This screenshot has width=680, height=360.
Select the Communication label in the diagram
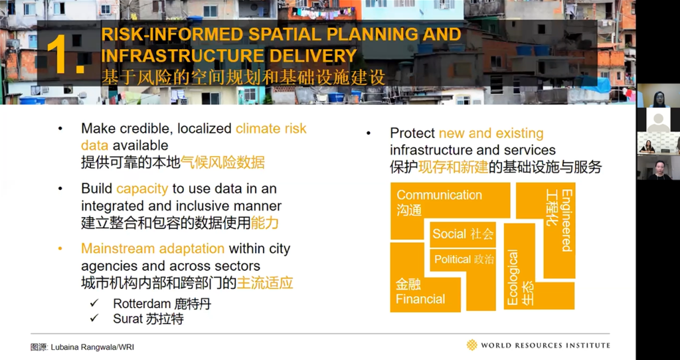(439, 195)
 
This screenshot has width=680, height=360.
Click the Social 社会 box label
(463, 234)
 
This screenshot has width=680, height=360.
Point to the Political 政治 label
(464, 260)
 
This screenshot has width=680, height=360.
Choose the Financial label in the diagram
(420, 299)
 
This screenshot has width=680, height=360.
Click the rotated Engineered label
(566, 221)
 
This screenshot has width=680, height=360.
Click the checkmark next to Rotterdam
(94, 303)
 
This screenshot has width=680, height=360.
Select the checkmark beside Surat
(94, 319)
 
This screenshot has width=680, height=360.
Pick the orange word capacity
(142, 189)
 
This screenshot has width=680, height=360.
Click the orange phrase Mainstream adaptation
(153, 248)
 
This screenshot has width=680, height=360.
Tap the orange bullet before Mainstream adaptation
(60, 249)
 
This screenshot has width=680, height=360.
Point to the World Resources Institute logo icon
(472, 345)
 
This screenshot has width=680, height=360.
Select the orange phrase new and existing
(491, 133)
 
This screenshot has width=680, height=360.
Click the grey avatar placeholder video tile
(658, 120)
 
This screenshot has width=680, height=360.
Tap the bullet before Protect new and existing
(369, 134)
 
